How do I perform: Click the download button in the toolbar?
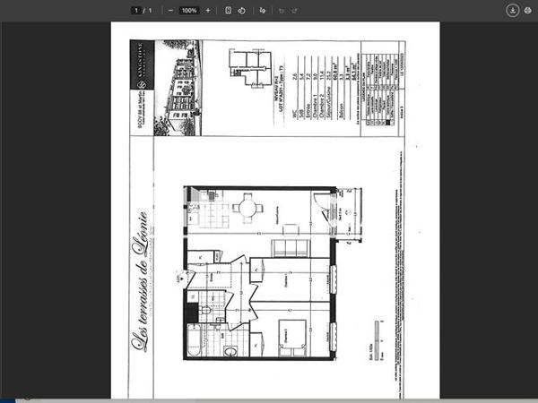(x=512, y=10)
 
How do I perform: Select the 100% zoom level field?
(x=188, y=10)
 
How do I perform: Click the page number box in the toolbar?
(x=135, y=10)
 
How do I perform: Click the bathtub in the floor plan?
(x=195, y=340)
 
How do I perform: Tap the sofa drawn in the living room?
(x=290, y=248)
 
